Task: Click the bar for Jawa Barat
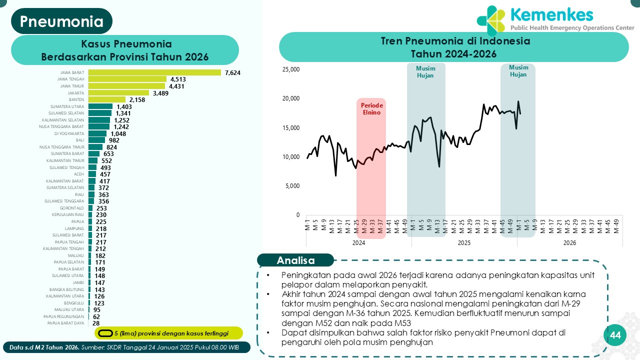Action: coord(154,72)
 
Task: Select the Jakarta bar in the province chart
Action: coord(119,93)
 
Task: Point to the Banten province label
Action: coord(76,99)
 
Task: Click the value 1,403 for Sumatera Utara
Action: coord(123,106)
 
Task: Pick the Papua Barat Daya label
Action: coord(65,323)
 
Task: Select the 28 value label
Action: coord(96,323)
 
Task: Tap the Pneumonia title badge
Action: coord(61,21)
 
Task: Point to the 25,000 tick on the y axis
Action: coord(290,69)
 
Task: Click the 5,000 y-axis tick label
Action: coord(292,186)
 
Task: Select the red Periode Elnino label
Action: coord(371,109)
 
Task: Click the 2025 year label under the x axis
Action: coord(464,243)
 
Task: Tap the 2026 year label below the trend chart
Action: coord(569,243)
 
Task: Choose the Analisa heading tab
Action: coord(295,260)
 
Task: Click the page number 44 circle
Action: coord(615,335)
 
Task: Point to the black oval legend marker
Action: coord(105,333)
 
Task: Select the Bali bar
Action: coord(97,140)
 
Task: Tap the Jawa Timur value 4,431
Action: coord(177,86)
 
